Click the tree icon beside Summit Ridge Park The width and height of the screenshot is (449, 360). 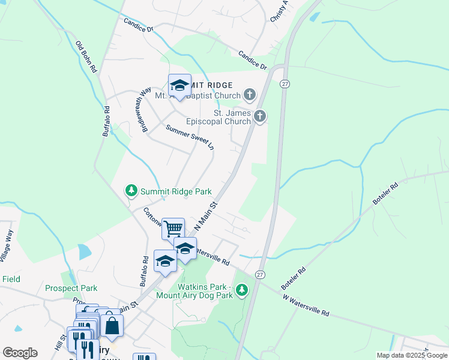click(131, 191)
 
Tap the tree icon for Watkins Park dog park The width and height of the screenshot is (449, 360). click(242, 290)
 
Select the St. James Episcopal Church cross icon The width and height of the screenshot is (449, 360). click(259, 116)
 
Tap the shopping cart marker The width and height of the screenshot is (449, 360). click(173, 228)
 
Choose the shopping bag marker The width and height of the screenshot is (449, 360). click(112, 326)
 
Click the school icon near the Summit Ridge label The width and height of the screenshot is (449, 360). click(179, 85)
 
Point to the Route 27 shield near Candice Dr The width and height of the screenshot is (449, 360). click(285, 85)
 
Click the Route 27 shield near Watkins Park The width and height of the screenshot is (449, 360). click(259, 274)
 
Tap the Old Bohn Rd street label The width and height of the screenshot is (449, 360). click(86, 57)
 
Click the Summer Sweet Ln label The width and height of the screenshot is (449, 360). click(190, 136)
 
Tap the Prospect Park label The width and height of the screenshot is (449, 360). click(71, 288)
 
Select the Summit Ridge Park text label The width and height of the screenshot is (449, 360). click(176, 191)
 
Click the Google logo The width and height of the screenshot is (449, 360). click(20, 353)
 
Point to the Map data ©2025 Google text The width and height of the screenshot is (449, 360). click(411, 355)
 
